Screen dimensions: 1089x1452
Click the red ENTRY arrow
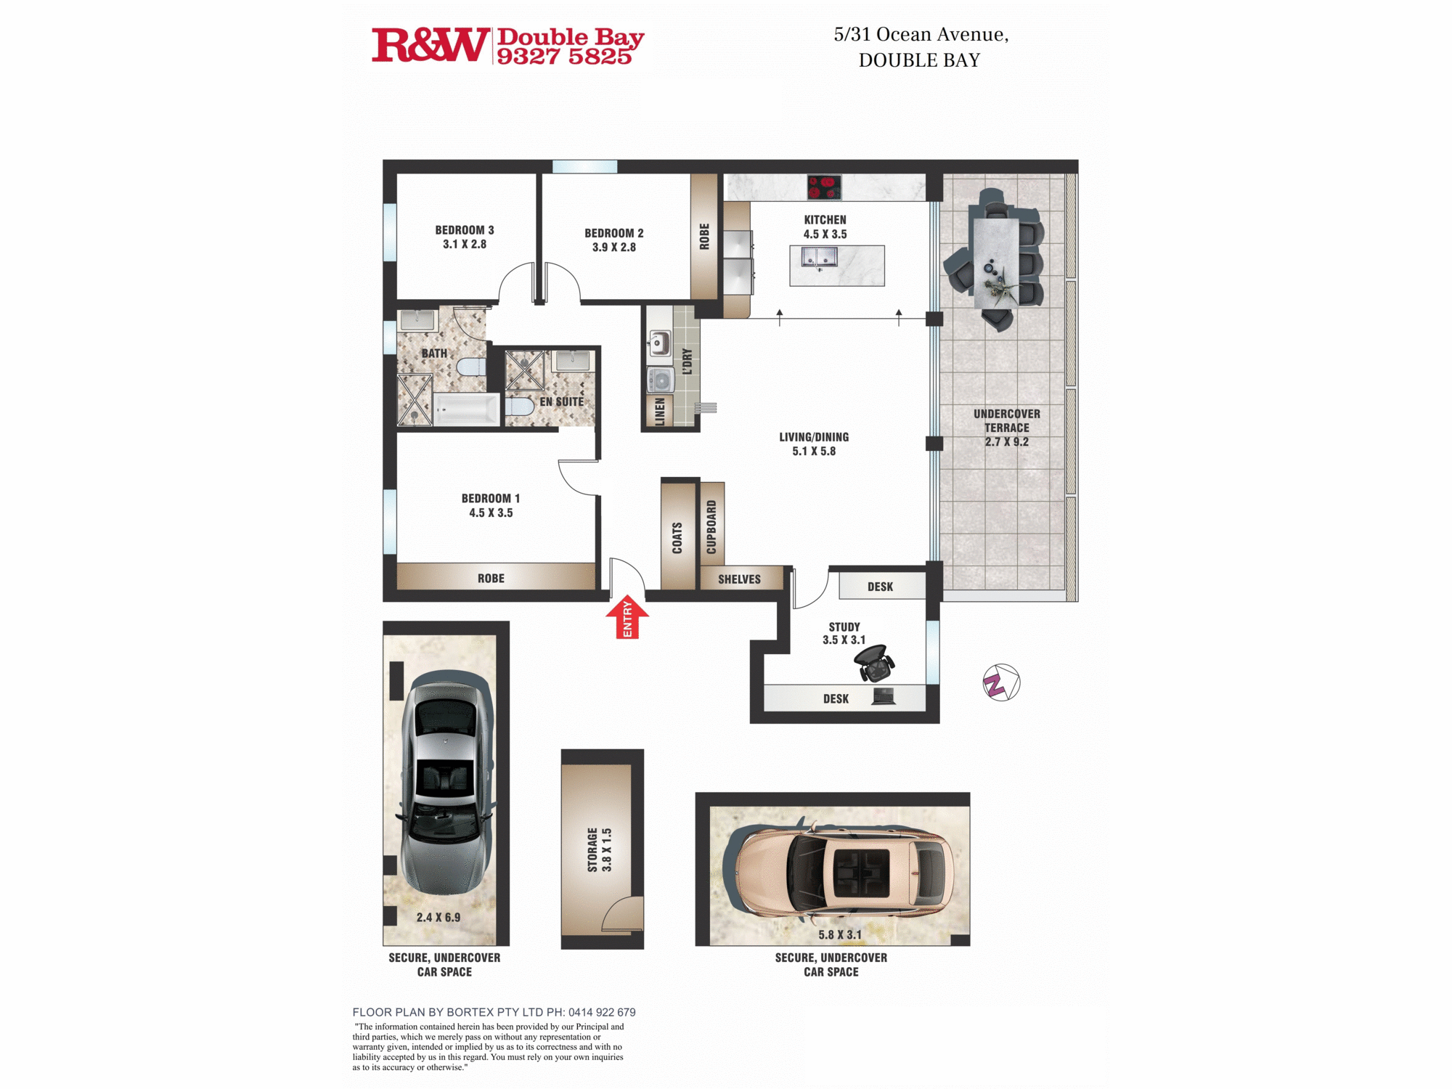coord(627,617)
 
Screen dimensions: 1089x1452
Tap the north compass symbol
coord(1001,682)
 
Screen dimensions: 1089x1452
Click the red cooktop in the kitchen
coord(824,187)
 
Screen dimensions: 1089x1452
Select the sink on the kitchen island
coord(820,257)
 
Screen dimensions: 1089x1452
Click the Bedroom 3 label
coord(465,230)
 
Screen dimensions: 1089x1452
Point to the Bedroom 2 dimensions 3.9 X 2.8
coord(613,248)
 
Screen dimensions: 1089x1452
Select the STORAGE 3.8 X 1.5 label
coord(600,849)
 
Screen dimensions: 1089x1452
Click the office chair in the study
coord(874,662)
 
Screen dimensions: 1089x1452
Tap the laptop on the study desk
coord(884,697)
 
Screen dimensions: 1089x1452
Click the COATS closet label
coord(677,538)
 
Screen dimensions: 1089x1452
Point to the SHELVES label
coord(739,579)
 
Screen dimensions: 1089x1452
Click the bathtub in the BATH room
coord(467,410)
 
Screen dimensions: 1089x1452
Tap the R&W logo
coord(430,45)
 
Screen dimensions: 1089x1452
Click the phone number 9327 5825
coord(564,57)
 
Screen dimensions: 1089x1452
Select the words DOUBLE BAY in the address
coord(919,60)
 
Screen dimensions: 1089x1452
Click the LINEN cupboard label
coord(660,412)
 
